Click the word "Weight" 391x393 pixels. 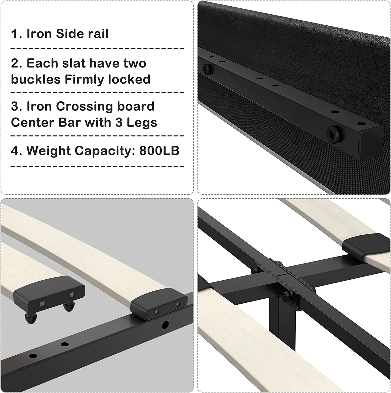point(49,151)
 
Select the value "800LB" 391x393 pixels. point(159,151)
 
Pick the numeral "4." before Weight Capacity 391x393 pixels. point(17,151)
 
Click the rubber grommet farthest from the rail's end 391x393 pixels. point(207,69)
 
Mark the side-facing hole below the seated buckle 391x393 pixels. point(165,325)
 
